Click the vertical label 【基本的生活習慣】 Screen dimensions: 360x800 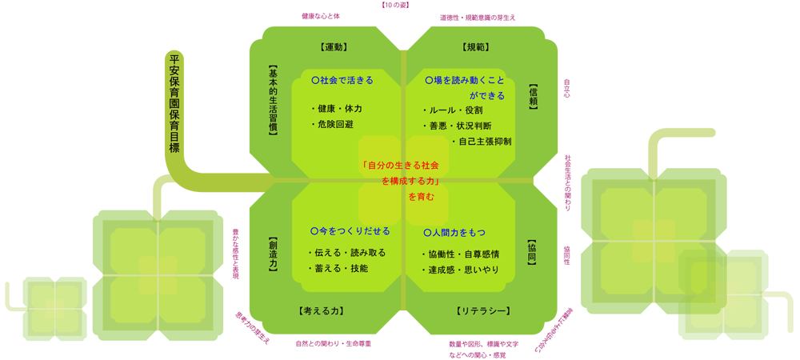pos(273,100)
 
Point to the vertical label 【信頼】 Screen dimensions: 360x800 pos(533,96)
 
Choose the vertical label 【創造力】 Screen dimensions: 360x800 pos(273,255)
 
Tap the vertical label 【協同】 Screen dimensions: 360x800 pos(533,250)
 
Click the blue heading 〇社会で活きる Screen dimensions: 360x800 pos(342,81)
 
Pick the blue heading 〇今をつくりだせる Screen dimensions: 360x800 pos(350,230)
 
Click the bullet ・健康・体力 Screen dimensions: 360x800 pos(336,109)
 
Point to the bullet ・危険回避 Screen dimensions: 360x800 pos(331,125)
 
